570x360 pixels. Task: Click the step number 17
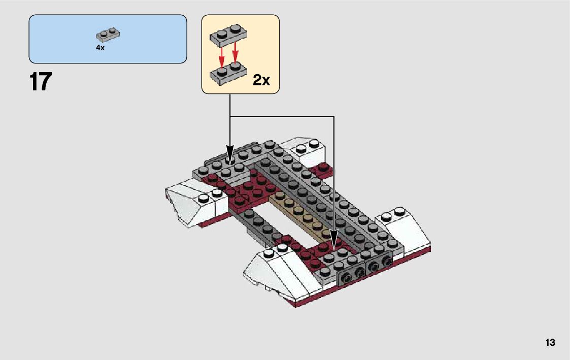tap(41, 82)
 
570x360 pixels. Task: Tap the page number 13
tap(550, 343)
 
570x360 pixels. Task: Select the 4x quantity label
tap(100, 48)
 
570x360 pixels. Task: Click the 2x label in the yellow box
tap(261, 80)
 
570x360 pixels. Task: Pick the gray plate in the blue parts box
tap(108, 36)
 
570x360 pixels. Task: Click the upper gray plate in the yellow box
tap(228, 35)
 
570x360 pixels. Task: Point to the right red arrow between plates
tap(236, 54)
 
